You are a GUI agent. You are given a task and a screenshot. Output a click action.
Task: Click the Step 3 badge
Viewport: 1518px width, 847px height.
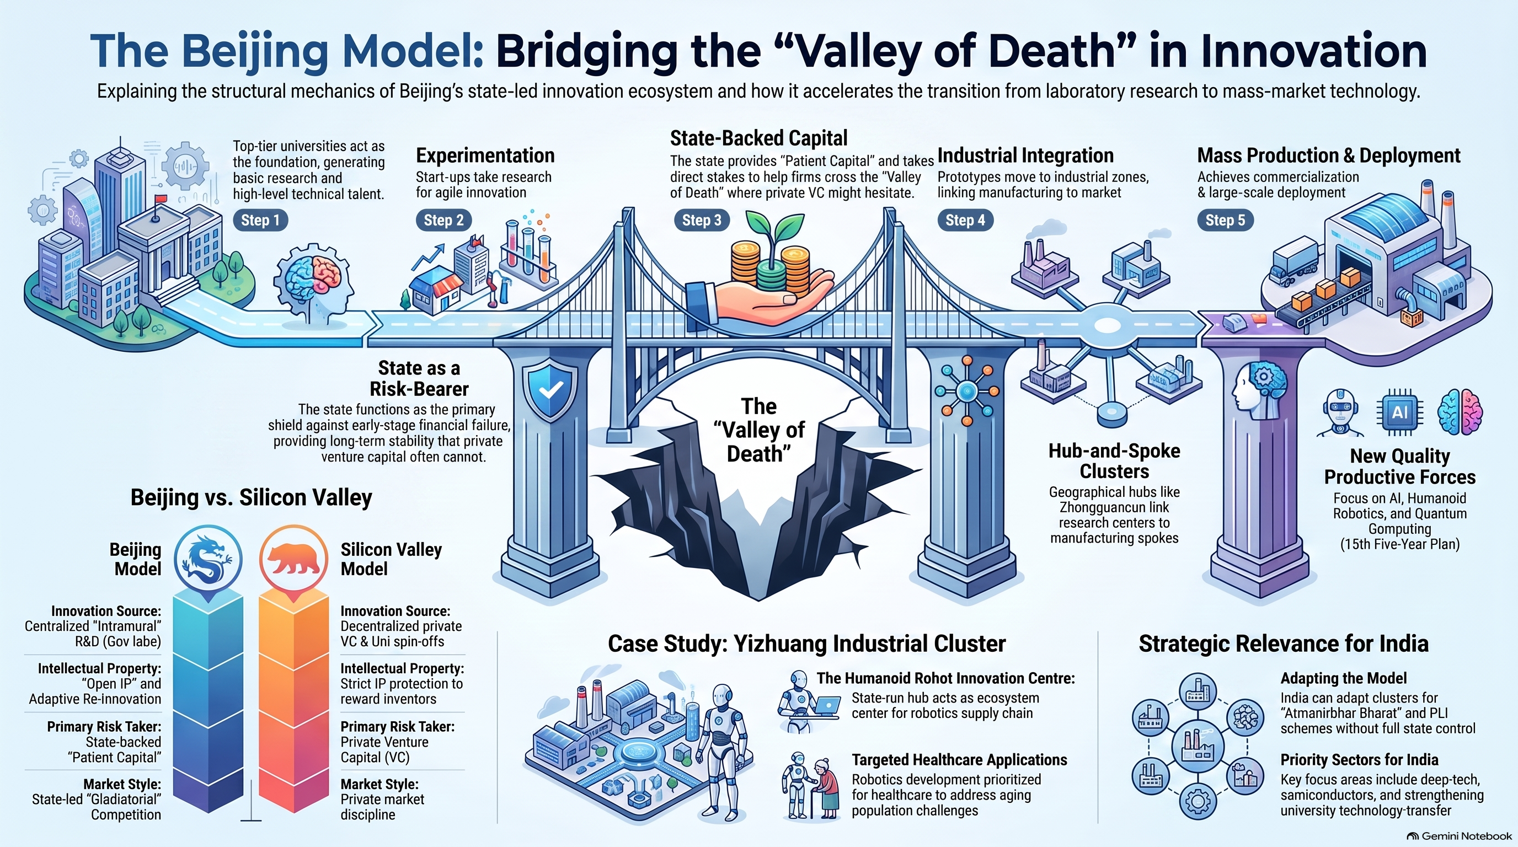point(701,220)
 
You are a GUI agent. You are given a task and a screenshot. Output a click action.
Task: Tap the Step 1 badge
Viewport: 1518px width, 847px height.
point(260,220)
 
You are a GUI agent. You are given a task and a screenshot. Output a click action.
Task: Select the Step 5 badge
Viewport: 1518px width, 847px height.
point(1225,220)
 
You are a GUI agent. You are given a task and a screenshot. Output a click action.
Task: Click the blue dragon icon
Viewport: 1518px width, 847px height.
point(208,559)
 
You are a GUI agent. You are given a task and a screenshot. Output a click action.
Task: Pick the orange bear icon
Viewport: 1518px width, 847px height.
point(293,559)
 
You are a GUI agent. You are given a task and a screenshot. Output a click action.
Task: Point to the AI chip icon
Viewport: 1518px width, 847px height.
point(1400,412)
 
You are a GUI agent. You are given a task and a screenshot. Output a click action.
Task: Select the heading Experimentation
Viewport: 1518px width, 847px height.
point(485,156)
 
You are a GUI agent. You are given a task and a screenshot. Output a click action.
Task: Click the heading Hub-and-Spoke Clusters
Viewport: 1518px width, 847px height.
point(1114,461)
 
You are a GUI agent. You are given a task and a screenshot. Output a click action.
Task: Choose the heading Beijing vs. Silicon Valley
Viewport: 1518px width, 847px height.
point(251,498)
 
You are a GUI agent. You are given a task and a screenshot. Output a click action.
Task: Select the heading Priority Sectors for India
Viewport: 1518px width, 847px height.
point(1359,760)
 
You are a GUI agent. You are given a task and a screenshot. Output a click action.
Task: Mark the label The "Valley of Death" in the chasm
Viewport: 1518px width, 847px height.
point(759,430)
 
